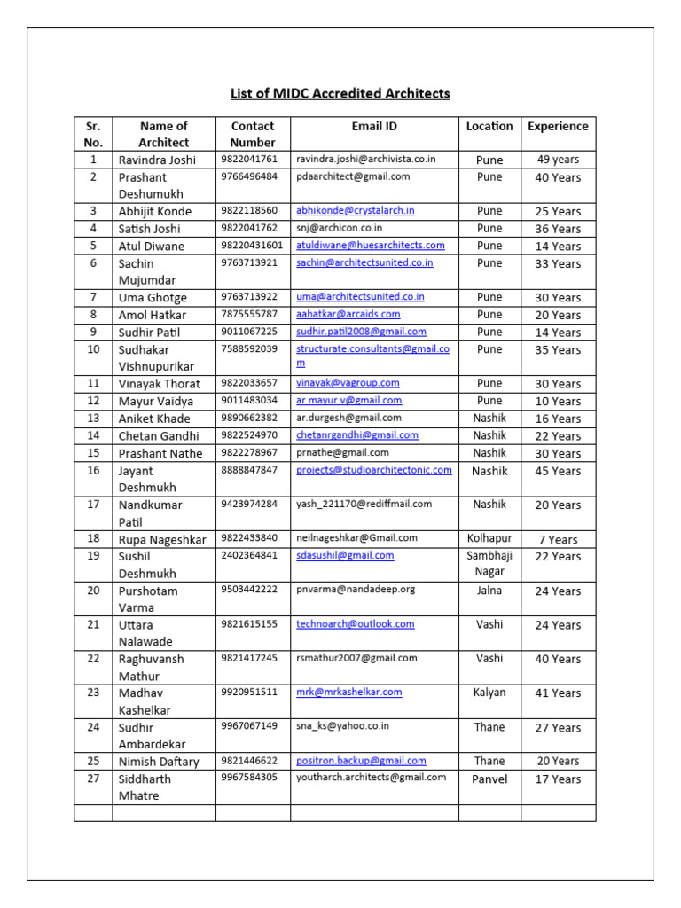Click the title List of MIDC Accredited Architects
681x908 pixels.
click(x=340, y=93)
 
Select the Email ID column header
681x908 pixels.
click(x=373, y=126)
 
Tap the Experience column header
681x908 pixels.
click(x=558, y=126)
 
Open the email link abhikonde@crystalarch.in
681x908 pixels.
click(x=355, y=211)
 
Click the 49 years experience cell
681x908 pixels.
click(x=558, y=160)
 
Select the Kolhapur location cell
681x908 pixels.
click(x=489, y=538)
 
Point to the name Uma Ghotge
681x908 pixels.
click(x=153, y=298)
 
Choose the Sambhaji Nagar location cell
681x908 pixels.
click(x=489, y=564)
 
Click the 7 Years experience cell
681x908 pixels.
click(x=558, y=539)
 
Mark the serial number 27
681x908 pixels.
click(x=93, y=779)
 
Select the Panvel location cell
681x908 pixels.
click(x=489, y=779)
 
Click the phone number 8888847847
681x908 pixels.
click(x=248, y=470)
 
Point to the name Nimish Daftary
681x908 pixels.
click(x=159, y=762)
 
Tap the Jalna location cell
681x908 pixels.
click(x=489, y=590)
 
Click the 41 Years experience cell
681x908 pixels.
click(x=558, y=693)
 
